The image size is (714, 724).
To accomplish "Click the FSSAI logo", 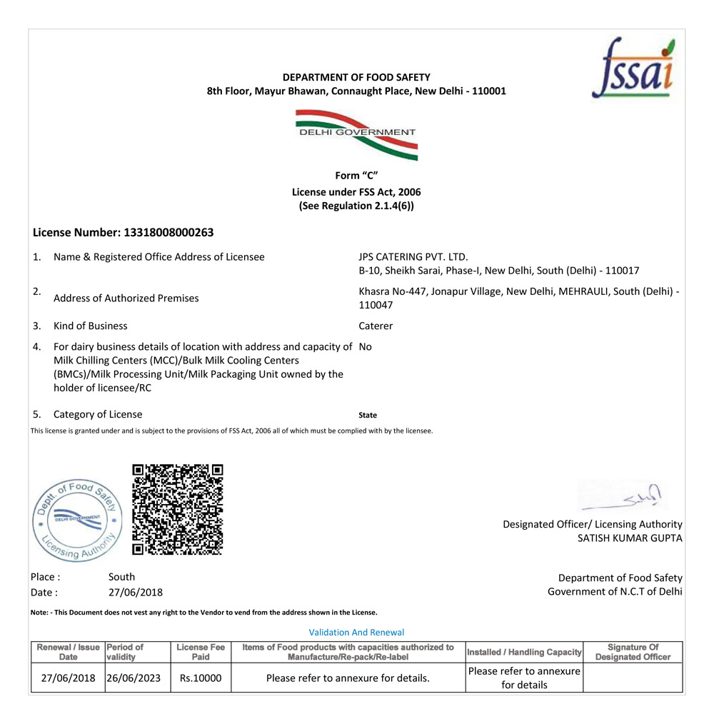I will (x=633, y=69).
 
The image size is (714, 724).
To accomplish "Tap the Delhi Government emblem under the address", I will (x=356, y=134).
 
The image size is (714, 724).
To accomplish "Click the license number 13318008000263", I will (x=169, y=232).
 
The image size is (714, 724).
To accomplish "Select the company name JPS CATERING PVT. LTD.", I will (x=413, y=256).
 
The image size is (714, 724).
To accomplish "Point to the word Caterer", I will (x=376, y=326).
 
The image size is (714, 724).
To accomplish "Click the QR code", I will (x=178, y=509).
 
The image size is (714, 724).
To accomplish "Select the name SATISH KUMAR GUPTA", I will (x=630, y=538).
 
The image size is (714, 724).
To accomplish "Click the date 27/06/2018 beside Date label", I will (x=136, y=592).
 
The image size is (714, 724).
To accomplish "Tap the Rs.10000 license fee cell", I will (x=201, y=678).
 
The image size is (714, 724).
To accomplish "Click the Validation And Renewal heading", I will (x=356, y=632).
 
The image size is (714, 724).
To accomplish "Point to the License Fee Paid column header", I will (x=201, y=652).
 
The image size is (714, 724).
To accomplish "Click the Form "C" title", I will (x=356, y=176).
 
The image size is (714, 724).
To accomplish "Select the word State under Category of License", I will (x=368, y=415).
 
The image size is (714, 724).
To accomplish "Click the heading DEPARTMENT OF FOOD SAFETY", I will (x=356, y=77).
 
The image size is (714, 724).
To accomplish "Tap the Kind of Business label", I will (x=91, y=326).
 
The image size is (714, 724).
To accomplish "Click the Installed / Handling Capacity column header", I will (x=524, y=652).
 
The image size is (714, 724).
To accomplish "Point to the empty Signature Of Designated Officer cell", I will (x=633, y=678).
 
